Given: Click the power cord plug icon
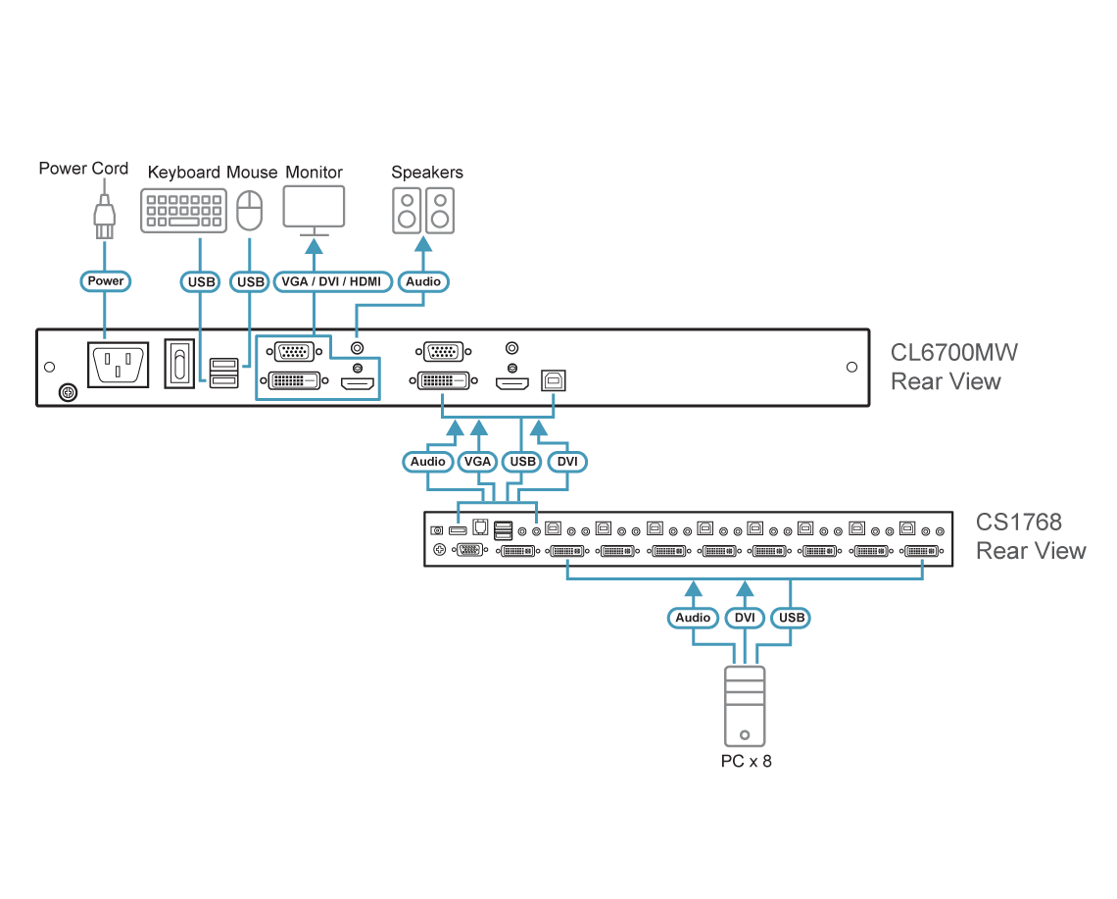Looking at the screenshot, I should pos(104,217).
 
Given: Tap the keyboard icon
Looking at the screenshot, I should pos(183,211).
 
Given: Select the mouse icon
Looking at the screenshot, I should pos(251,210).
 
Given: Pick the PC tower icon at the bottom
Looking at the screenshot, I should pos(745,706).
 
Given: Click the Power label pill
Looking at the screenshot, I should pos(105,281).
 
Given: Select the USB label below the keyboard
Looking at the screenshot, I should pos(201,282).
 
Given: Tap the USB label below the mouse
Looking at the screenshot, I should pos(251,282).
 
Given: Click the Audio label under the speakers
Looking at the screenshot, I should pos(423,282).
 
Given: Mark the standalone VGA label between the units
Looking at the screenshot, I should pos(477,462).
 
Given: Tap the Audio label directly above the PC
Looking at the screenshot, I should pos(694,618).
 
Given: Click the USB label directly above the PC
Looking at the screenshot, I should pos(791,618).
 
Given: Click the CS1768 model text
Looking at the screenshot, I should pos(1019,522).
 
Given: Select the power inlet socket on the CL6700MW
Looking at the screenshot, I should pos(119,366).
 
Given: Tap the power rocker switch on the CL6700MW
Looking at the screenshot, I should pos(179,365).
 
